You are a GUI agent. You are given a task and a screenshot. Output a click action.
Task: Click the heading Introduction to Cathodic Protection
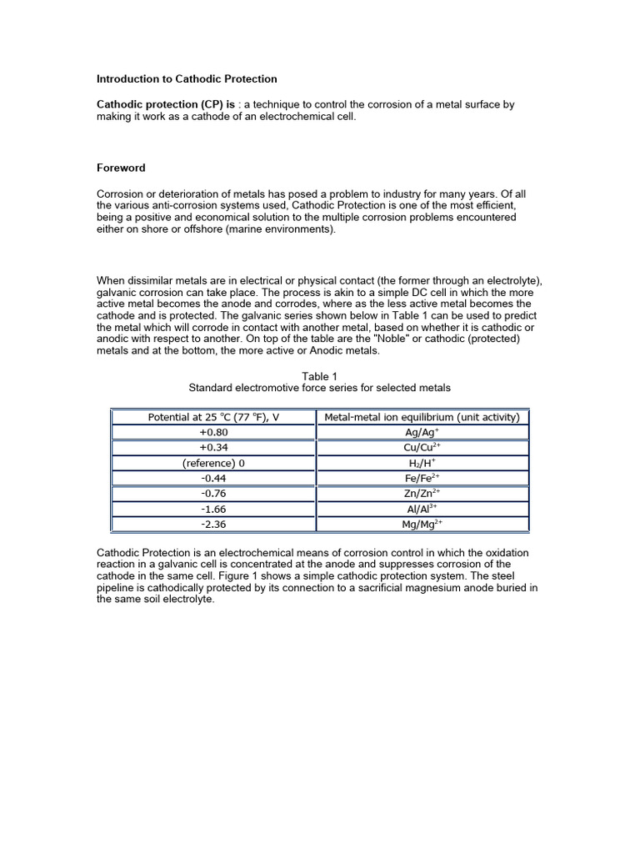pyautogui.click(x=187, y=79)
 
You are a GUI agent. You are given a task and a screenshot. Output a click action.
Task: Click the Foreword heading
pyautogui.click(x=122, y=168)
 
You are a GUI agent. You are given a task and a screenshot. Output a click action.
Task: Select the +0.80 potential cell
pyautogui.click(x=213, y=433)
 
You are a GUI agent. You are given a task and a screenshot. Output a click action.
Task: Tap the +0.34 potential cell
pyautogui.click(x=213, y=448)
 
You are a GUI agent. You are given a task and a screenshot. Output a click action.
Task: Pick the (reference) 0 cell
pyautogui.click(x=213, y=463)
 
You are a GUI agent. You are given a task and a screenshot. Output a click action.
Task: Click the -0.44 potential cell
pyautogui.click(x=213, y=479)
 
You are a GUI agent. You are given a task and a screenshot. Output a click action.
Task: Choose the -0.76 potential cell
pyautogui.click(x=213, y=494)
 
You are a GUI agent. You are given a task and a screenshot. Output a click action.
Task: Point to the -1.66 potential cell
pyautogui.click(x=213, y=509)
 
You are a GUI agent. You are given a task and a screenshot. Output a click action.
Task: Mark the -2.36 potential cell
pyautogui.click(x=213, y=525)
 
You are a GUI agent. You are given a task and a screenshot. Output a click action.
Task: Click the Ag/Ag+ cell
pyautogui.click(x=422, y=433)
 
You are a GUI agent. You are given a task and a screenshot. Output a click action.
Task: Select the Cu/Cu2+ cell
pyautogui.click(x=422, y=448)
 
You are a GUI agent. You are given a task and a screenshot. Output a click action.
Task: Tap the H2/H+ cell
pyautogui.click(x=422, y=463)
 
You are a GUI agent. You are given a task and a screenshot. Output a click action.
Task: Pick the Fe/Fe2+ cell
pyautogui.click(x=422, y=479)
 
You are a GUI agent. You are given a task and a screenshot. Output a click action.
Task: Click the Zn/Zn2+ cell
pyautogui.click(x=422, y=494)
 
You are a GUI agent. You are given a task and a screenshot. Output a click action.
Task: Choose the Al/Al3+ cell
pyautogui.click(x=422, y=509)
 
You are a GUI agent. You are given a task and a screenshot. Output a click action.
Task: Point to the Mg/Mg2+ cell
pyautogui.click(x=422, y=525)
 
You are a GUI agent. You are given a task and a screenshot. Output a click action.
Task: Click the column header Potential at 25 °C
pyautogui.click(x=213, y=417)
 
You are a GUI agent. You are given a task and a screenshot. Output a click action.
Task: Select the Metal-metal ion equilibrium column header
pyautogui.click(x=422, y=417)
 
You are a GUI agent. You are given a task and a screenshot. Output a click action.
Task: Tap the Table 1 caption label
pyautogui.click(x=320, y=376)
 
